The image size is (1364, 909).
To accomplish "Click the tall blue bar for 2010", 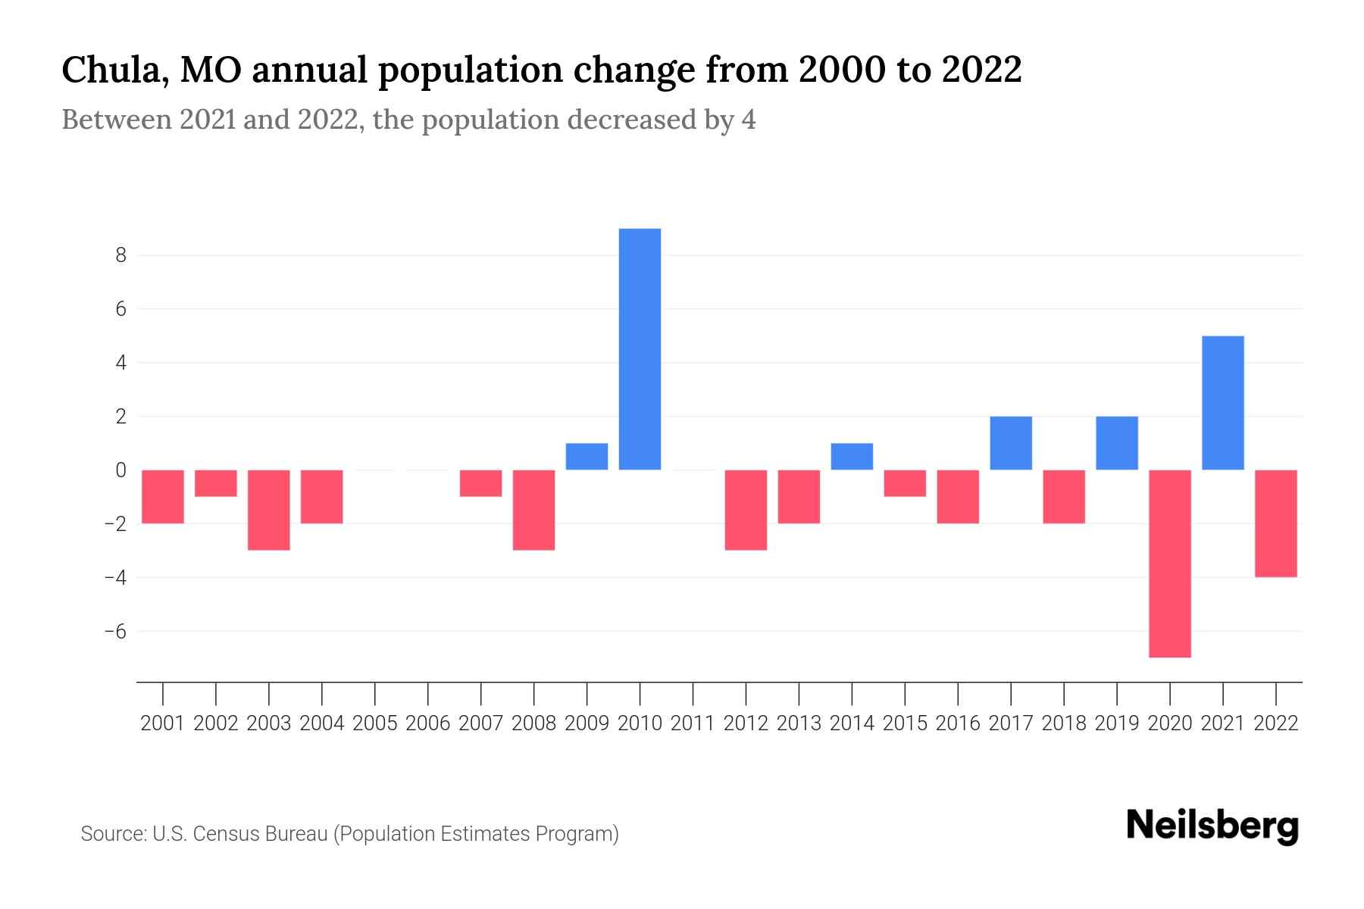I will click(640, 349).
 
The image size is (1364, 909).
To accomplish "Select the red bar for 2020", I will click(1169, 564).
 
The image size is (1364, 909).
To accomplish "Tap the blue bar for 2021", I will click(1222, 403).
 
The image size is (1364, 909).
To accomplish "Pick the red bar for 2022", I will click(1275, 523).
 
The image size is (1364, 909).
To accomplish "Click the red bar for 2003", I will click(269, 510).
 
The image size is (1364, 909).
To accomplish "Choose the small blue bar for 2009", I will click(587, 457).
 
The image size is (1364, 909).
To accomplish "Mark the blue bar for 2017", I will click(1010, 443).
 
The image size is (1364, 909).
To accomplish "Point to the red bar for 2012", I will click(746, 510).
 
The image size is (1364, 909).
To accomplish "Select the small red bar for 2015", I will click(905, 483).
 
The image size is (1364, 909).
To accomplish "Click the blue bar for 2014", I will click(852, 457).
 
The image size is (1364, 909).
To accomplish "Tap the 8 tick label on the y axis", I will click(120, 255).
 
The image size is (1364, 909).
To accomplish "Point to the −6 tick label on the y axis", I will click(115, 631).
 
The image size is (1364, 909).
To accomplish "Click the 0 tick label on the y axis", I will click(120, 470).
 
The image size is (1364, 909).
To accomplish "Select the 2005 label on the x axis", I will click(375, 723).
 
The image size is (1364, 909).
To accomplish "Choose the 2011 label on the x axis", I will click(693, 723).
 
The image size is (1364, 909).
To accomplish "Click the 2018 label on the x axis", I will click(1063, 723).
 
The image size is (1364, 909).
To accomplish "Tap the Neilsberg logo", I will click(1212, 826).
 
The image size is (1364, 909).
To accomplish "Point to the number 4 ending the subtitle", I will click(748, 120).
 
